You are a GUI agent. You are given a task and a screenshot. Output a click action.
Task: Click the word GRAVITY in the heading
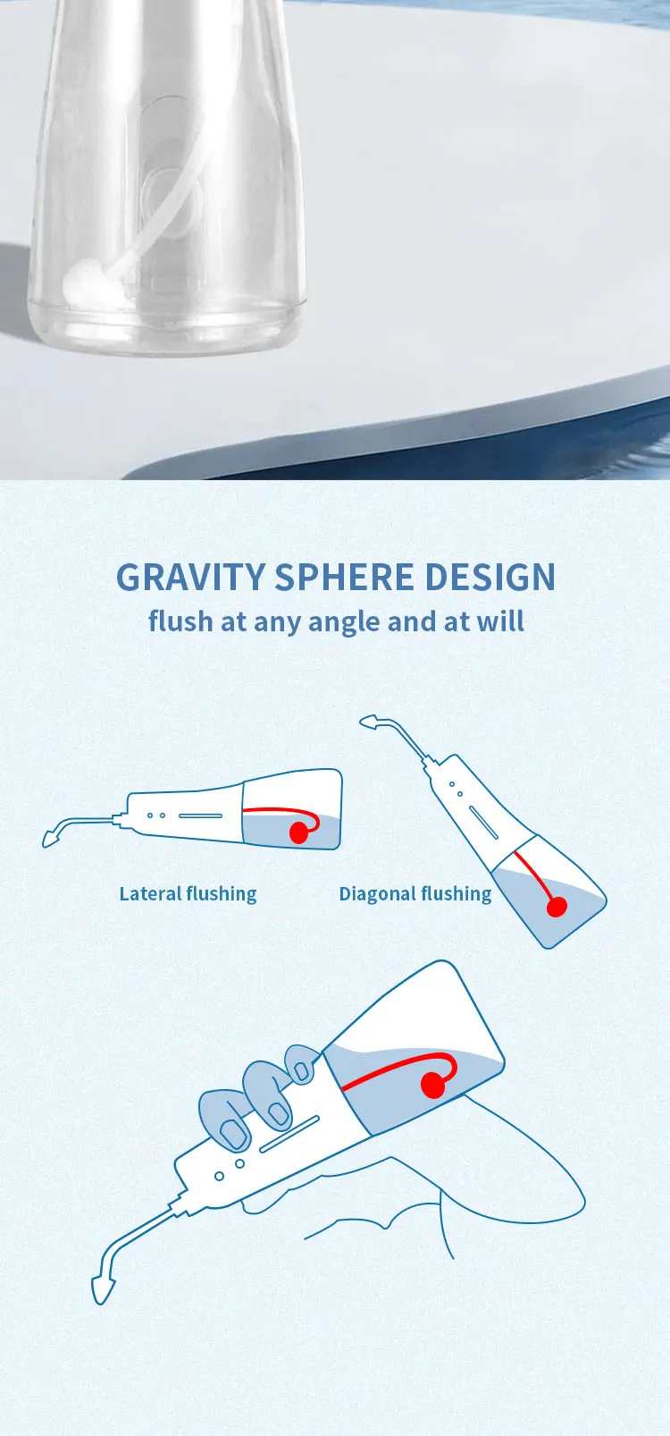tap(190, 577)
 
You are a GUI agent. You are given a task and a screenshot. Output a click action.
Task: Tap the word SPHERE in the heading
tap(344, 577)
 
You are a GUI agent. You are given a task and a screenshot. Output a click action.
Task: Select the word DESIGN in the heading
tap(490, 577)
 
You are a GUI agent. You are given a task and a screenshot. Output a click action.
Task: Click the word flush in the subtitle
tap(180, 621)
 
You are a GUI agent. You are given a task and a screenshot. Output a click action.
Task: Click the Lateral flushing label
tap(188, 894)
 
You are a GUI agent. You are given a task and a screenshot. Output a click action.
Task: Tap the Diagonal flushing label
tap(415, 894)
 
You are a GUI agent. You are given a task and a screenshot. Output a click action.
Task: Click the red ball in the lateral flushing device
tap(298, 832)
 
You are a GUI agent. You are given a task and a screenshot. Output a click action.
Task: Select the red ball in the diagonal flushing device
tap(556, 907)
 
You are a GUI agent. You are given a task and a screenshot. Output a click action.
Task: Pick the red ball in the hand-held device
tap(434, 1085)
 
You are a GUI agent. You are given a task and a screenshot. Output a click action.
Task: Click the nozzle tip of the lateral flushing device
tap(49, 839)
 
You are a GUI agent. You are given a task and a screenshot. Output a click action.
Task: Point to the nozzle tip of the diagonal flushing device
tap(368, 722)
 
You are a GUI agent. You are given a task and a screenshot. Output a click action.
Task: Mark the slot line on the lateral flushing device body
tap(200, 816)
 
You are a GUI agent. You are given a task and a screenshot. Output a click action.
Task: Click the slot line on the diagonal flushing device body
tap(483, 823)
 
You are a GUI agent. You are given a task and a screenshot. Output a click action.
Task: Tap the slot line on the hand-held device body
tap(289, 1134)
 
